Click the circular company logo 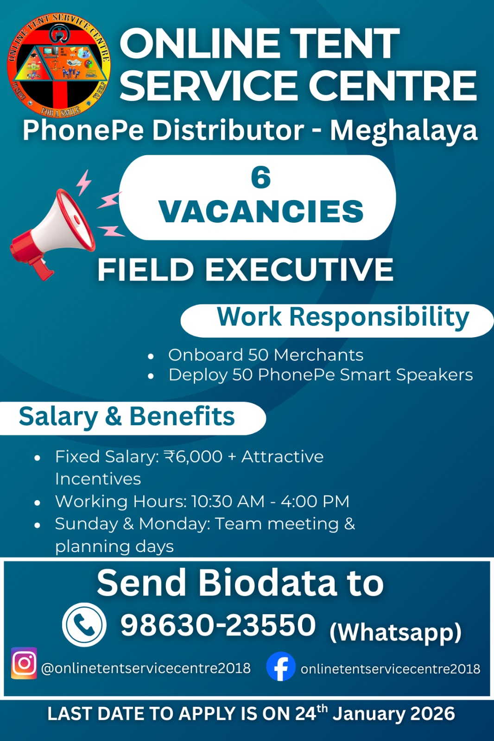[59, 65]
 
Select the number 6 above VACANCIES [261, 178]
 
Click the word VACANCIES [261, 212]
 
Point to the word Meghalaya [404, 132]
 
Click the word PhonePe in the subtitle [83, 130]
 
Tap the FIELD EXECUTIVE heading [245, 270]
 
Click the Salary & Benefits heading [127, 417]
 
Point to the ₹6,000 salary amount [193, 457]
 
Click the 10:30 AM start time [228, 502]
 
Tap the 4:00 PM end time [315, 502]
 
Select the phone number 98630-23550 [218, 625]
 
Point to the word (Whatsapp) [395, 633]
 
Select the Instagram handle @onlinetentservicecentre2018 [146, 668]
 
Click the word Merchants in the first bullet [318, 355]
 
